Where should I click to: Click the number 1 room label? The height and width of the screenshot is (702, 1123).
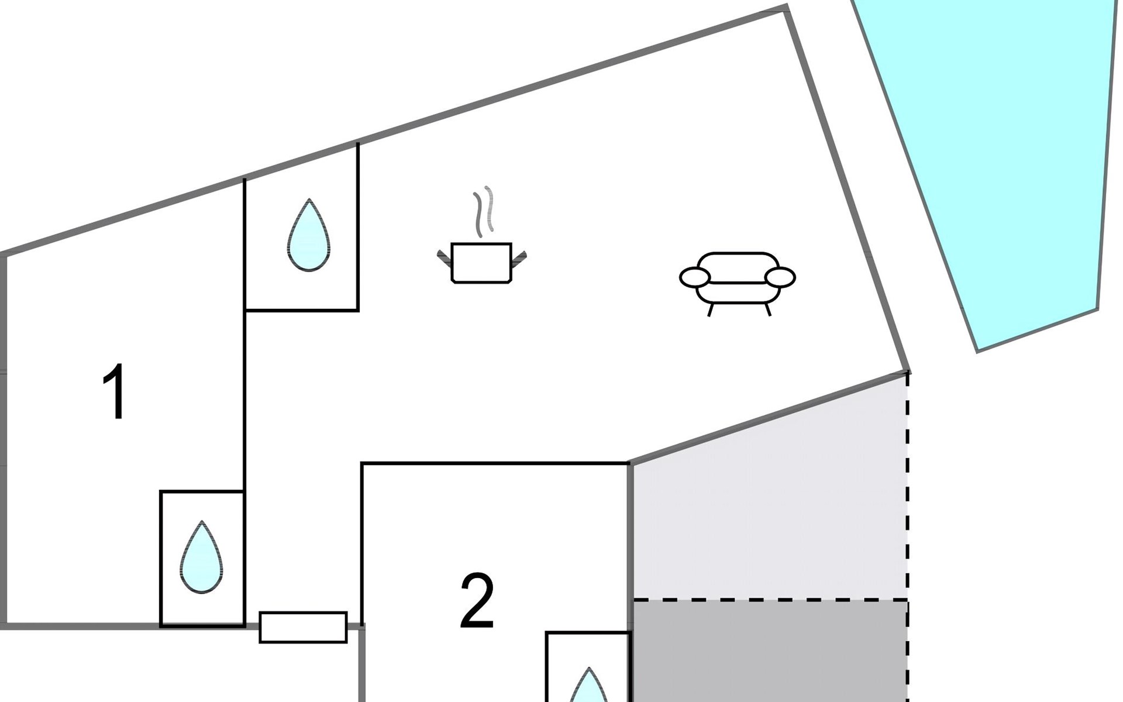pos(115,391)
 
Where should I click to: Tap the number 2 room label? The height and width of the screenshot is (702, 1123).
pos(477,601)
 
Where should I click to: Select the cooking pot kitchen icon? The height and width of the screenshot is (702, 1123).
pos(481,263)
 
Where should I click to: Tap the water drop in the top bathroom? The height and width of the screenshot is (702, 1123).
pos(309,236)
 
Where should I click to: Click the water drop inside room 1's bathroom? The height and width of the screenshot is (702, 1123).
pos(201,558)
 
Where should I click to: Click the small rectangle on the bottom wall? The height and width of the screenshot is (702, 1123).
pos(303,627)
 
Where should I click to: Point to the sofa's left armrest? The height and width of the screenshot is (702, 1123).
pos(695,277)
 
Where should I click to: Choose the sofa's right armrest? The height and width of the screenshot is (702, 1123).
pos(780,277)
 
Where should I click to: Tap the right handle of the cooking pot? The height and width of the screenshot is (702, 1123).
pos(519,258)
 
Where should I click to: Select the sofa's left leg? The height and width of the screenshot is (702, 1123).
pos(711,309)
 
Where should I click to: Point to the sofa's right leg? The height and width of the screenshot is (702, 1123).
pos(768,309)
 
